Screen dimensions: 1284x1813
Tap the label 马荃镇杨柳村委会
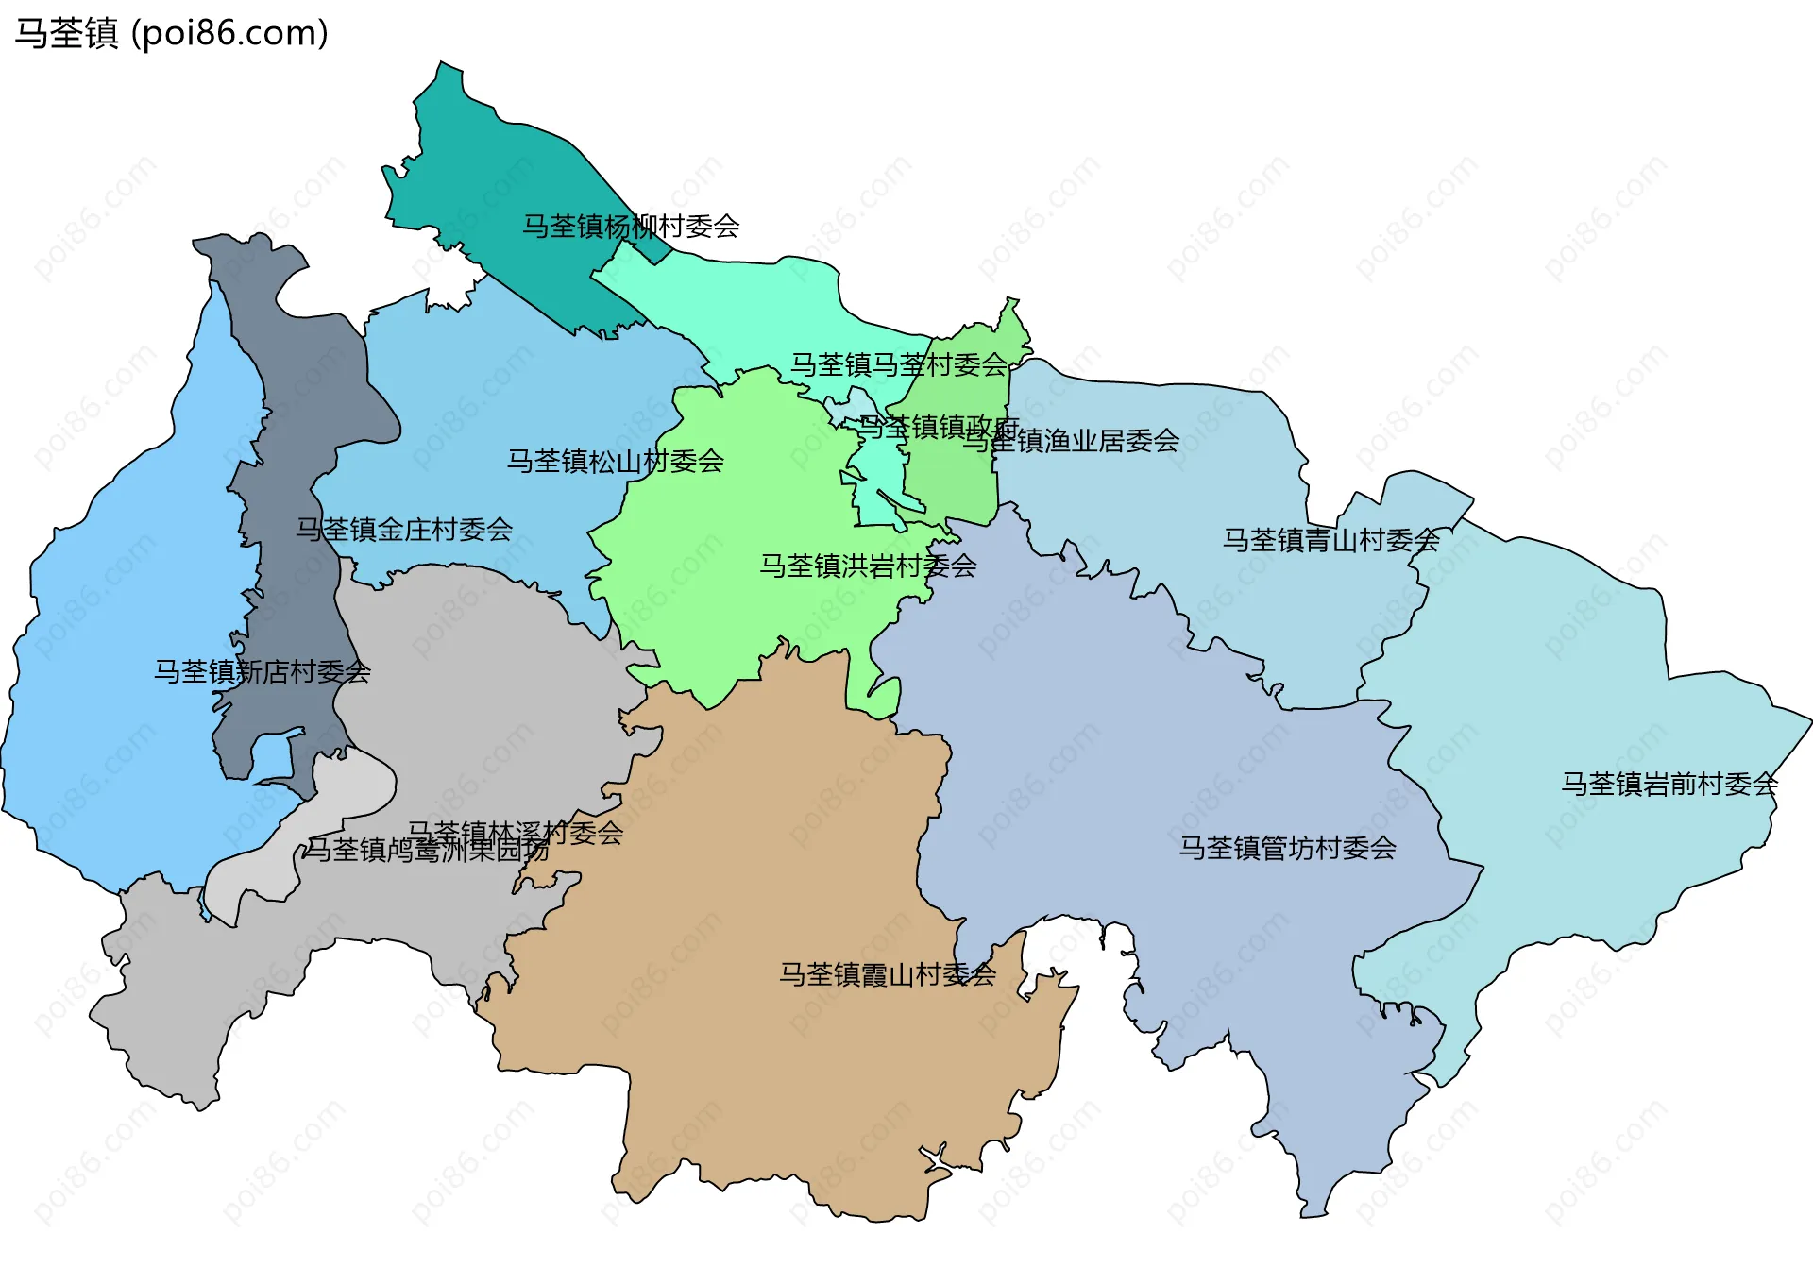(x=631, y=227)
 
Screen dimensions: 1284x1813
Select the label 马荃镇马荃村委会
(x=899, y=364)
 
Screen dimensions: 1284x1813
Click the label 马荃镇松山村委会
(x=616, y=461)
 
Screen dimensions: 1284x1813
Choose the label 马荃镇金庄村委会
(x=404, y=529)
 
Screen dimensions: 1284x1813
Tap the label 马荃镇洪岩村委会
(x=868, y=566)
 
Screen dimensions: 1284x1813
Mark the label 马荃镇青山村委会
(x=1330, y=540)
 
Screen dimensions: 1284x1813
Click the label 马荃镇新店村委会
(x=263, y=671)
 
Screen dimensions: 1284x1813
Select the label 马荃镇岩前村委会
(x=1669, y=784)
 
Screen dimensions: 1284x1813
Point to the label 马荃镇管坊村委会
(x=1287, y=848)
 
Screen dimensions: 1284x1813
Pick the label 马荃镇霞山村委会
(x=888, y=974)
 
